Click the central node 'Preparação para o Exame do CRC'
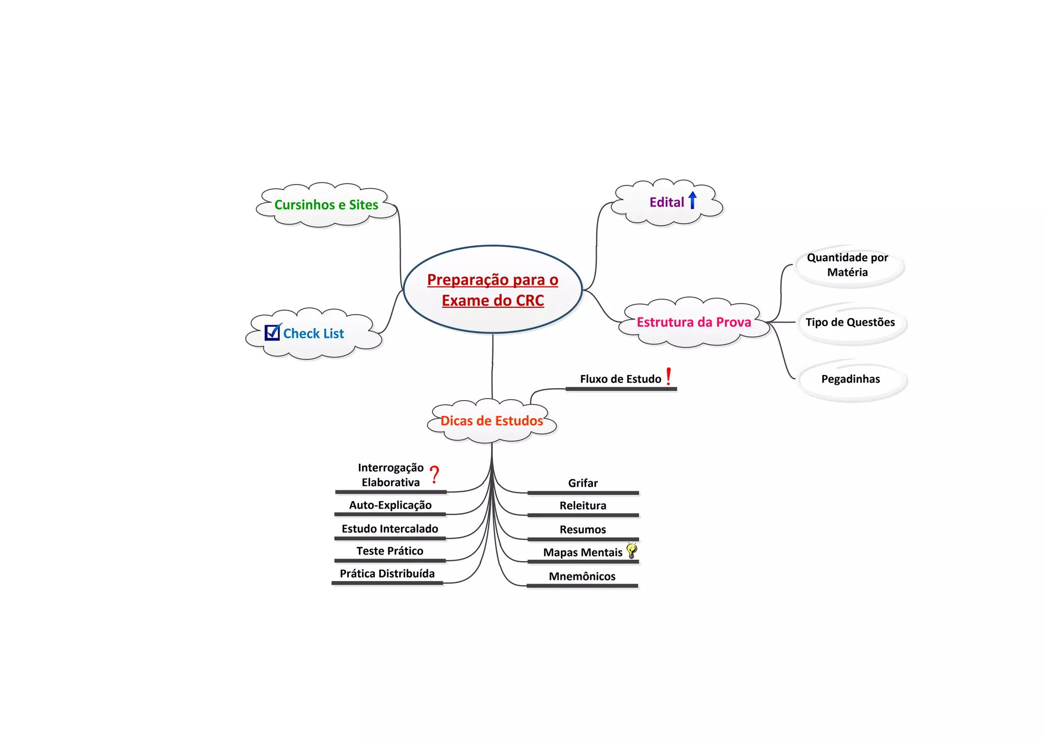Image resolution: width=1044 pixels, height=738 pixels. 492,289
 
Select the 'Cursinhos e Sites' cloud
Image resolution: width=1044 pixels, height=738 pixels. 326,205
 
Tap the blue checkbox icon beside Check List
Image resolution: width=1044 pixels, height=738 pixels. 272,332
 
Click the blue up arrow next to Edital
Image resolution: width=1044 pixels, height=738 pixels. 692,200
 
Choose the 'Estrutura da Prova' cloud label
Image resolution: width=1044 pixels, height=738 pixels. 694,322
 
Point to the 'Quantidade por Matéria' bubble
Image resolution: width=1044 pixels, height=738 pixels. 847,265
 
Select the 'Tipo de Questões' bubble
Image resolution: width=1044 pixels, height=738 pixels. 850,322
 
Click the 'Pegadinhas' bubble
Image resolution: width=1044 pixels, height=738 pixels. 850,379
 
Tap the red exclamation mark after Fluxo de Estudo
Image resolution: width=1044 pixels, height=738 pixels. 668,377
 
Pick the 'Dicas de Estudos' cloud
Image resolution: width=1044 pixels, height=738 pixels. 491,420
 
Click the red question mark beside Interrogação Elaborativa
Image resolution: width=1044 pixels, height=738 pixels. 434,475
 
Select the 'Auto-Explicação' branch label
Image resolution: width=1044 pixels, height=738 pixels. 390,505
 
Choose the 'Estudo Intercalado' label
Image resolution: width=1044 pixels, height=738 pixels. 389,529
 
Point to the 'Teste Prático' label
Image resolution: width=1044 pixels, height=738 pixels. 389,551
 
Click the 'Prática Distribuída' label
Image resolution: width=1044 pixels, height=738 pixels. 387,573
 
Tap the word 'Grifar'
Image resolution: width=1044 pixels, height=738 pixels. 583,483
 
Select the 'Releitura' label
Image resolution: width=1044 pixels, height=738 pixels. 583,506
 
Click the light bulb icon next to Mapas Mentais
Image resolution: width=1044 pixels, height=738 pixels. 632,550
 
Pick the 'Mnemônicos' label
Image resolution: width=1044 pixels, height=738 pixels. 582,576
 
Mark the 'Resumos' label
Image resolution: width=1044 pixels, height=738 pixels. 583,530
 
